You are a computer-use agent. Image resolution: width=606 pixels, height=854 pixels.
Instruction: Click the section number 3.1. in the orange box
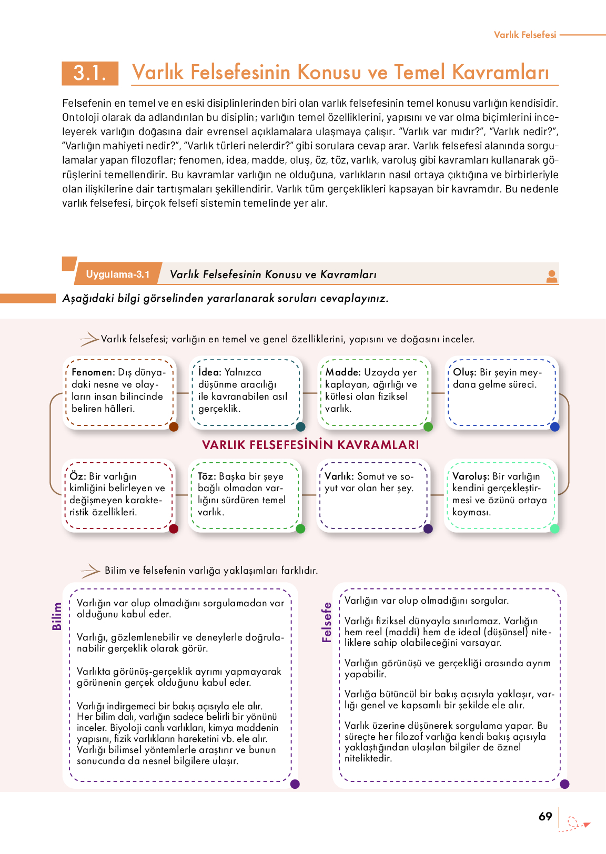pos(90,73)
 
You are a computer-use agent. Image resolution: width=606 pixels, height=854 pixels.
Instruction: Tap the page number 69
pos(546,817)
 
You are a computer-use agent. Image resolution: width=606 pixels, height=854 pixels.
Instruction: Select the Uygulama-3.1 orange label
pos(118,274)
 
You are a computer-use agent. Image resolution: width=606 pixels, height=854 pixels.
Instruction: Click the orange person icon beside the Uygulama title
pos(552,276)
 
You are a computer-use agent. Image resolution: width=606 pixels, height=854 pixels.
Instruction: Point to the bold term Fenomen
pos(93,372)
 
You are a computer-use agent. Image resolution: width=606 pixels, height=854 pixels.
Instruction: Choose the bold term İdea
pos(209,372)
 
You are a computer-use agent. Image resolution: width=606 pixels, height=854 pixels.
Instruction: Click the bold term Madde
pos(342,372)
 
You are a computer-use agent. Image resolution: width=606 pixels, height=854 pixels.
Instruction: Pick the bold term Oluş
pos(464,372)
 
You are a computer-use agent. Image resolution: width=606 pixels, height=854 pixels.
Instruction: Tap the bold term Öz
pos(77,476)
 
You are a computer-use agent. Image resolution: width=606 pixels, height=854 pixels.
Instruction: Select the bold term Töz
pos(206,476)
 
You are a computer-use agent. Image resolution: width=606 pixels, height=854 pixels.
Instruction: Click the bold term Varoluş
pos(471,476)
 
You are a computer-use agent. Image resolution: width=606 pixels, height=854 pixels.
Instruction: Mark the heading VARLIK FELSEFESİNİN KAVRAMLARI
pos(310,445)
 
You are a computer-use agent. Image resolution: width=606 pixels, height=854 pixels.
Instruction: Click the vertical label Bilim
pos(57,616)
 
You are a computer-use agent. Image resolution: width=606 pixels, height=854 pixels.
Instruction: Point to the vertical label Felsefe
pos(327,623)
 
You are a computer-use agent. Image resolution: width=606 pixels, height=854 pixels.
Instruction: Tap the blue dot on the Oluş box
pos(554,427)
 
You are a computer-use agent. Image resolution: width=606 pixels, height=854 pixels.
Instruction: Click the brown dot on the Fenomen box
pos(174,426)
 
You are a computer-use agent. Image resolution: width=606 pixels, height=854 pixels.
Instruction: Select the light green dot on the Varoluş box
pos(554,528)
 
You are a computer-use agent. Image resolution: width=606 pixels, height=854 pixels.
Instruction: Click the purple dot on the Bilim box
pos(295,784)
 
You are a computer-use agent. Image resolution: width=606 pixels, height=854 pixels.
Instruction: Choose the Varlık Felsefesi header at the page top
pos(524,35)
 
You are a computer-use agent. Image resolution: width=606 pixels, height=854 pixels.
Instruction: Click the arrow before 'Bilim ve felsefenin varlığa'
pos(90,571)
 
